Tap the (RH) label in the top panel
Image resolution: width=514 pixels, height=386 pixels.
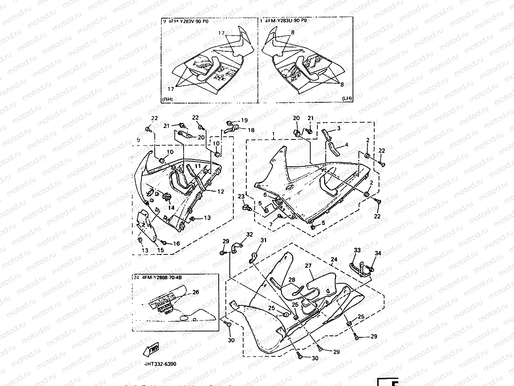tap(167, 99)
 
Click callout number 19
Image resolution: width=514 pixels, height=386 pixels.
tap(244, 121)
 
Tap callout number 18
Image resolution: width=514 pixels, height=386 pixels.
tap(251, 130)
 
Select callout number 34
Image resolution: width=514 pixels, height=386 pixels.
tap(378, 253)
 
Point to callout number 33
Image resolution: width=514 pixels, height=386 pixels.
tap(357, 250)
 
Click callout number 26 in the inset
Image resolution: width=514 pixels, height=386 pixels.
tap(195, 293)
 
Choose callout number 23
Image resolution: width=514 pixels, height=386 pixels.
tap(241, 196)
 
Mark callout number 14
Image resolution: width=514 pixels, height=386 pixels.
tap(171, 208)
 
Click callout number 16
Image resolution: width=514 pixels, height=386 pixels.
tap(176, 244)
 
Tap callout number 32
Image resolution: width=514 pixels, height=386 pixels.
tap(249, 234)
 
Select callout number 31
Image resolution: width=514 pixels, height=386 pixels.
tap(263, 241)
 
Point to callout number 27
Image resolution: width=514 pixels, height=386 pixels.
tap(308, 266)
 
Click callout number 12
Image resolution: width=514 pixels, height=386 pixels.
tap(221, 192)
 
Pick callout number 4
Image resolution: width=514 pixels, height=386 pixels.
tap(346, 145)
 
